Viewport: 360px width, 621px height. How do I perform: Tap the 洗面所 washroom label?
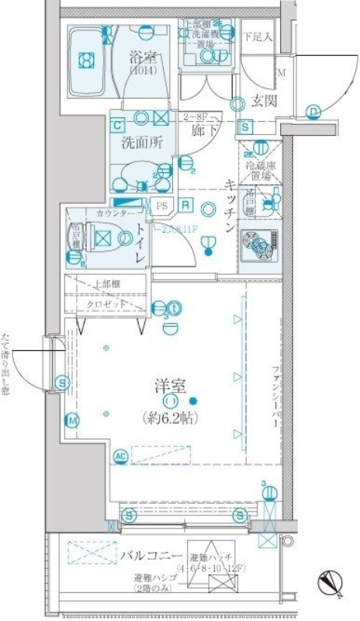coord(140,143)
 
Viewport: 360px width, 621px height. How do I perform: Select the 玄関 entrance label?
coord(258,100)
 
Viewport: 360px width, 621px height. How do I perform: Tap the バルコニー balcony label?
coord(151,557)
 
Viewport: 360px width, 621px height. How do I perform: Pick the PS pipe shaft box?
coord(161,206)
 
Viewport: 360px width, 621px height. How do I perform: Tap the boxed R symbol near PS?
coord(187,205)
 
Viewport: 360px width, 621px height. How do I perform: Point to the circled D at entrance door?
coord(313,112)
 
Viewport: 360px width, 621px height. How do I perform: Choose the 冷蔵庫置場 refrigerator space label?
coord(259,170)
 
